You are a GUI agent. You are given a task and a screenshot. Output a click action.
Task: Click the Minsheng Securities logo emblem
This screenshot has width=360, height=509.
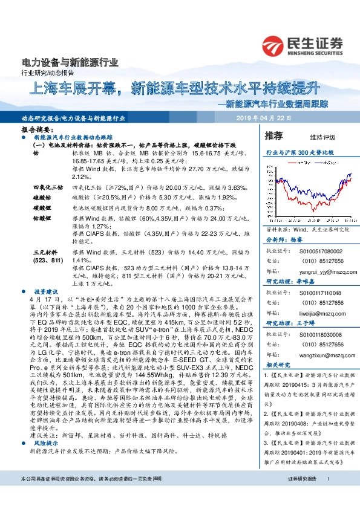pyautogui.click(x=273, y=45)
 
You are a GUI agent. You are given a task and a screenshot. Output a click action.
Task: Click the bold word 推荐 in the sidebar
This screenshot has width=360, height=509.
pyautogui.click(x=273, y=135)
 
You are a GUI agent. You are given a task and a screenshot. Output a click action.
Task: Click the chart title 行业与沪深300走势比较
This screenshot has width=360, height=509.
pyautogui.click(x=300, y=154)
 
